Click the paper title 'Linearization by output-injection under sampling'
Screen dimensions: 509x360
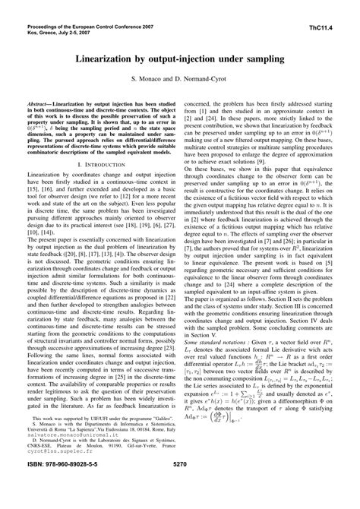(179, 58)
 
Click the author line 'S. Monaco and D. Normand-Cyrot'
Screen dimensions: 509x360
(179, 78)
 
